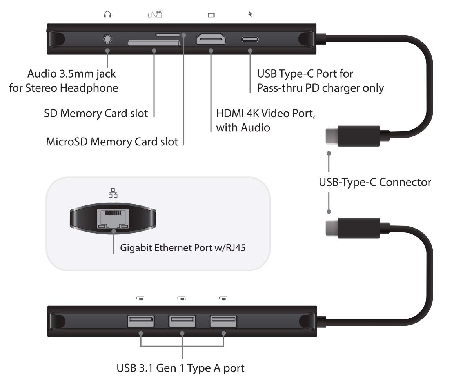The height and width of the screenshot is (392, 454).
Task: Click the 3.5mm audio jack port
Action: click(107, 39)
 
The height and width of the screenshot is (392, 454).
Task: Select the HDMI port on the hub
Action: click(211, 39)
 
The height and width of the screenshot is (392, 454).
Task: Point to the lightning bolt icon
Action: click(250, 15)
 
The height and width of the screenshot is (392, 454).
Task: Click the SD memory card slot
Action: click(154, 42)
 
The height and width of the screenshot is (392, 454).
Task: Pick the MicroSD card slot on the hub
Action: click(167, 35)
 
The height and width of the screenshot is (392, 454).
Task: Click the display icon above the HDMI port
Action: click(211, 15)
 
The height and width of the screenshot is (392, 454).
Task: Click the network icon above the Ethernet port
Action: click(113, 193)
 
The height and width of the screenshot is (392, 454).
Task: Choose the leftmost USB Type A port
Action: click(140, 321)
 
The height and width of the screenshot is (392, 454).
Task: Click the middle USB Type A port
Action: click(182, 321)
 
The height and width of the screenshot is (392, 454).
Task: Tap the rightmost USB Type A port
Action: click(223, 321)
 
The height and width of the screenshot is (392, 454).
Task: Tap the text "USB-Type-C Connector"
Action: click(375, 182)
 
